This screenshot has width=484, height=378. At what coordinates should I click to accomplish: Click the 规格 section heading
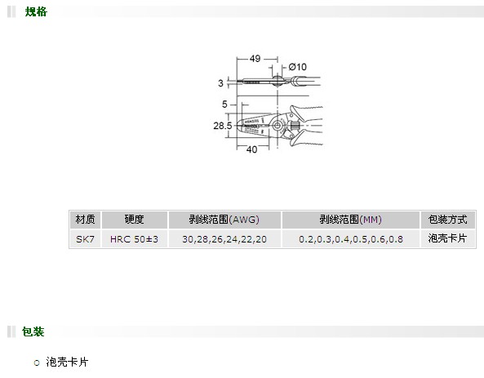click(x=36, y=11)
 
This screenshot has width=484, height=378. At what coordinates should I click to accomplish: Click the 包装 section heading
click(x=33, y=331)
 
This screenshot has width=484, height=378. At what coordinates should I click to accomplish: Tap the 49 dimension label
click(x=255, y=58)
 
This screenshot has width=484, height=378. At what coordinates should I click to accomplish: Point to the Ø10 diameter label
click(x=298, y=67)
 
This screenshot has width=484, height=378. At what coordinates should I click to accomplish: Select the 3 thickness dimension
click(x=220, y=83)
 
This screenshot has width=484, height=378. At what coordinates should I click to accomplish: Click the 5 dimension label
click(x=224, y=105)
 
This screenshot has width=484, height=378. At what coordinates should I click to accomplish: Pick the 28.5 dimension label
click(x=223, y=126)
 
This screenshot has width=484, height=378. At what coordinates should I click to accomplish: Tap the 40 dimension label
click(x=252, y=149)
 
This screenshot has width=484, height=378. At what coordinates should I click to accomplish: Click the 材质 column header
click(x=85, y=220)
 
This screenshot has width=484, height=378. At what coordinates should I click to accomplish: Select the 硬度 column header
click(x=135, y=220)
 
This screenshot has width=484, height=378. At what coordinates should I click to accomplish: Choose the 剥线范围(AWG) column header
click(x=224, y=220)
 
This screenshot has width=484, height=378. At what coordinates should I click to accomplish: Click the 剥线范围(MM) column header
click(x=351, y=220)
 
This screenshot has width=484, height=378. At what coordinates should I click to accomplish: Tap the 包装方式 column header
click(x=447, y=220)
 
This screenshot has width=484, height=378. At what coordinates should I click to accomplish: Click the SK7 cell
click(x=85, y=239)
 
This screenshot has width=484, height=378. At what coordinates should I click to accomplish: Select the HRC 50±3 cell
click(x=135, y=239)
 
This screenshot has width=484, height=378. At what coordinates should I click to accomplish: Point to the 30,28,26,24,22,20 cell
click(x=224, y=239)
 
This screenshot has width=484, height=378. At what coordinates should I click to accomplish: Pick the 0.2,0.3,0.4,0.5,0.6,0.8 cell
click(x=351, y=239)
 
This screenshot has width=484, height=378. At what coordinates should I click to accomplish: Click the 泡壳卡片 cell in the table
click(x=447, y=238)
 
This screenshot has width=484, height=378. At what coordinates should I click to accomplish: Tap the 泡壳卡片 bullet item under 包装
click(x=67, y=362)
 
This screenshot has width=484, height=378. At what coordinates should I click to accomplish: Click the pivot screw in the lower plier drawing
click(x=278, y=126)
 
